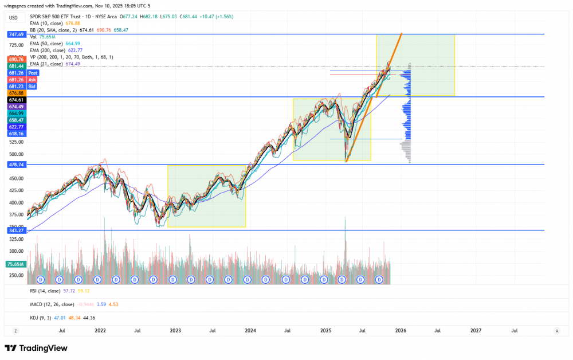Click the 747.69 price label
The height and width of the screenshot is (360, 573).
(15, 34)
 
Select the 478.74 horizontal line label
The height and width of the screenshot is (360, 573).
(15, 165)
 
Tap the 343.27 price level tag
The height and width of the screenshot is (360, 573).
(15, 230)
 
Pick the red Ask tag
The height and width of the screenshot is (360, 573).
(32, 80)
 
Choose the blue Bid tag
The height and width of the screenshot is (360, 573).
(32, 86)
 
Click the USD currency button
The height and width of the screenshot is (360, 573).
(13, 18)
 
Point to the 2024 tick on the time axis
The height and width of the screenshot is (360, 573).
(250, 331)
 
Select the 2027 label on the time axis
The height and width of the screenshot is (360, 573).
(476, 331)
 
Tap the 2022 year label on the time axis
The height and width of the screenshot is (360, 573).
(100, 331)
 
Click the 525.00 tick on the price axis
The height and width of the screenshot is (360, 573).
(15, 142)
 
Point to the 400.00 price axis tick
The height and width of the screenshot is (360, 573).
(15, 203)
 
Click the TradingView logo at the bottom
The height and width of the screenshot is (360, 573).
(36, 348)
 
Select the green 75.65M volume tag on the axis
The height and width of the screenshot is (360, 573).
(15, 264)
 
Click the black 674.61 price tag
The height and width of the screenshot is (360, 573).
(15, 100)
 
